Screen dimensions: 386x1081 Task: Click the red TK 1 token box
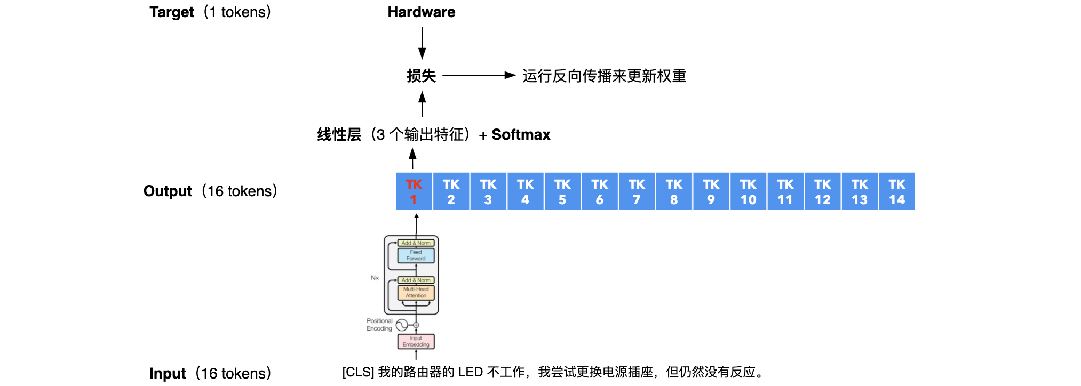click(x=414, y=191)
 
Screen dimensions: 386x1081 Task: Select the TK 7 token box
click(x=637, y=191)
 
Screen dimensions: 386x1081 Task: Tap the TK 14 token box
click(x=896, y=191)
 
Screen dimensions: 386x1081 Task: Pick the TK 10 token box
click(x=748, y=191)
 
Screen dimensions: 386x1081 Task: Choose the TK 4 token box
click(x=525, y=191)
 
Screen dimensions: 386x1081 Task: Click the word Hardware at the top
click(x=421, y=12)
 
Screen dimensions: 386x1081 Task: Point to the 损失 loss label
click(x=421, y=76)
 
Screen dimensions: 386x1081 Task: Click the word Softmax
click(x=521, y=135)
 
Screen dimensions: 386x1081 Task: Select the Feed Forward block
click(x=416, y=255)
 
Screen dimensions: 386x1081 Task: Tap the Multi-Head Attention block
click(x=416, y=292)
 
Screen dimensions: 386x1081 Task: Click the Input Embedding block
click(x=416, y=341)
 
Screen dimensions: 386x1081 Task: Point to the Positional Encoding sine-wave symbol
click(x=402, y=325)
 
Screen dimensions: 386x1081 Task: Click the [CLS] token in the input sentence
click(x=358, y=372)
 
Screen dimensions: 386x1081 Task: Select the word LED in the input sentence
click(x=470, y=372)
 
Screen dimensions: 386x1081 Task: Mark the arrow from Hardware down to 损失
click(x=422, y=43)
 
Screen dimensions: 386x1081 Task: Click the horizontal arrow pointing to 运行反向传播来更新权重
click(x=478, y=76)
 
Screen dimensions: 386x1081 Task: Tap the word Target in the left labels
click(x=171, y=12)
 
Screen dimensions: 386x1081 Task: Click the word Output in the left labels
click(x=168, y=191)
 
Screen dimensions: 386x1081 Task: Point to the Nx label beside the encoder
click(x=375, y=278)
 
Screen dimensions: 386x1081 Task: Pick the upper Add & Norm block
click(x=416, y=243)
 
